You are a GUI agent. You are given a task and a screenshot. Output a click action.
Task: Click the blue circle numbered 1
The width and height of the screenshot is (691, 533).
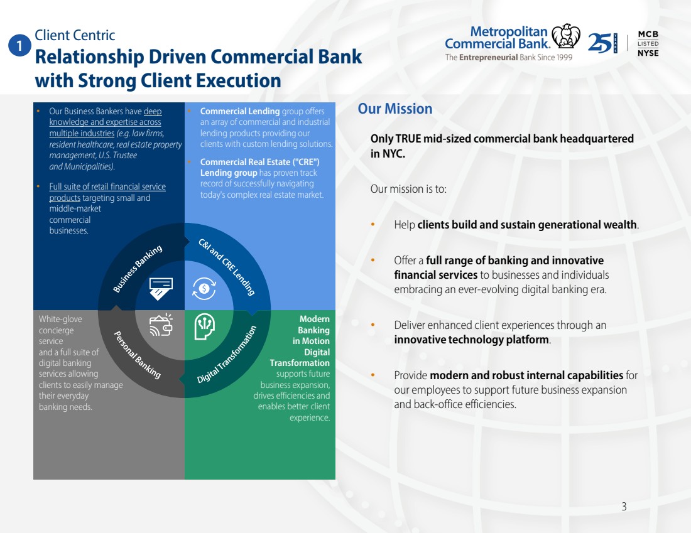pyautogui.click(x=20, y=46)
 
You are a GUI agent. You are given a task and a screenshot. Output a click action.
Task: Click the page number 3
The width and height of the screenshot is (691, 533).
pyautogui.click(x=624, y=507)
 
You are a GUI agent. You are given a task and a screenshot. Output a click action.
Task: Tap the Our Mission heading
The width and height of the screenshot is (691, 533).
pyautogui.click(x=395, y=109)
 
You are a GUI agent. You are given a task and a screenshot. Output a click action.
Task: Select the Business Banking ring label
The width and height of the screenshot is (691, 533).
pyautogui.click(x=138, y=269)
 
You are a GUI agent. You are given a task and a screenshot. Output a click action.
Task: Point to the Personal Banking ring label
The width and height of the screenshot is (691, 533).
pyautogui.click(x=137, y=355)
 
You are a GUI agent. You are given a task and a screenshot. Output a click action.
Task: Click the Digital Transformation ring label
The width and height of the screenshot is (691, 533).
pyautogui.click(x=227, y=355)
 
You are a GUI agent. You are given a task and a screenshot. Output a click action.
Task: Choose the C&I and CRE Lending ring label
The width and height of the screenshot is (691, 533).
pyautogui.click(x=227, y=267)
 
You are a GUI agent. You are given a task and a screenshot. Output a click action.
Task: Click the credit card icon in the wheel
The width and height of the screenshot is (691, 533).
pyautogui.click(x=161, y=288)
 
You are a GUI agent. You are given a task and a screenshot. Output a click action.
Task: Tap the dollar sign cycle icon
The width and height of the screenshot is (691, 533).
pyautogui.click(x=204, y=288)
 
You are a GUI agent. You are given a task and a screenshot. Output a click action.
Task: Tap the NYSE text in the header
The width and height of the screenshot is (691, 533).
pyautogui.click(x=648, y=53)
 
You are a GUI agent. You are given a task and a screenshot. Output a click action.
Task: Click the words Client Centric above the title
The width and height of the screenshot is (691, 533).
pyautogui.click(x=75, y=36)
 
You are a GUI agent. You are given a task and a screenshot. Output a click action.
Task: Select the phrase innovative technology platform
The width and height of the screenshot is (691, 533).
pyautogui.click(x=472, y=340)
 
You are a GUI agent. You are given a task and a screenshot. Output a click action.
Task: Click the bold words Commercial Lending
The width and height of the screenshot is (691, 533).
pyautogui.click(x=240, y=111)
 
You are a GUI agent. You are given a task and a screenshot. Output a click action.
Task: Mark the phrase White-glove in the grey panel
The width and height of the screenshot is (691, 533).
pyautogui.click(x=60, y=319)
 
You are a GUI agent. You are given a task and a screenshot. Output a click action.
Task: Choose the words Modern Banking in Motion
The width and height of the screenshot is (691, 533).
pyautogui.click(x=313, y=330)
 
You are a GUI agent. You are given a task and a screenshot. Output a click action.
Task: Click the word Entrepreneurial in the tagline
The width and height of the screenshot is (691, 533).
pyautogui.click(x=488, y=57)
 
